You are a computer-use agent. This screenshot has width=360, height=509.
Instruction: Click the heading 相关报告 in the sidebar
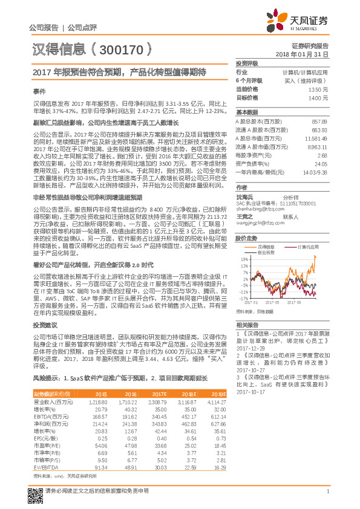coord(247,325)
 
